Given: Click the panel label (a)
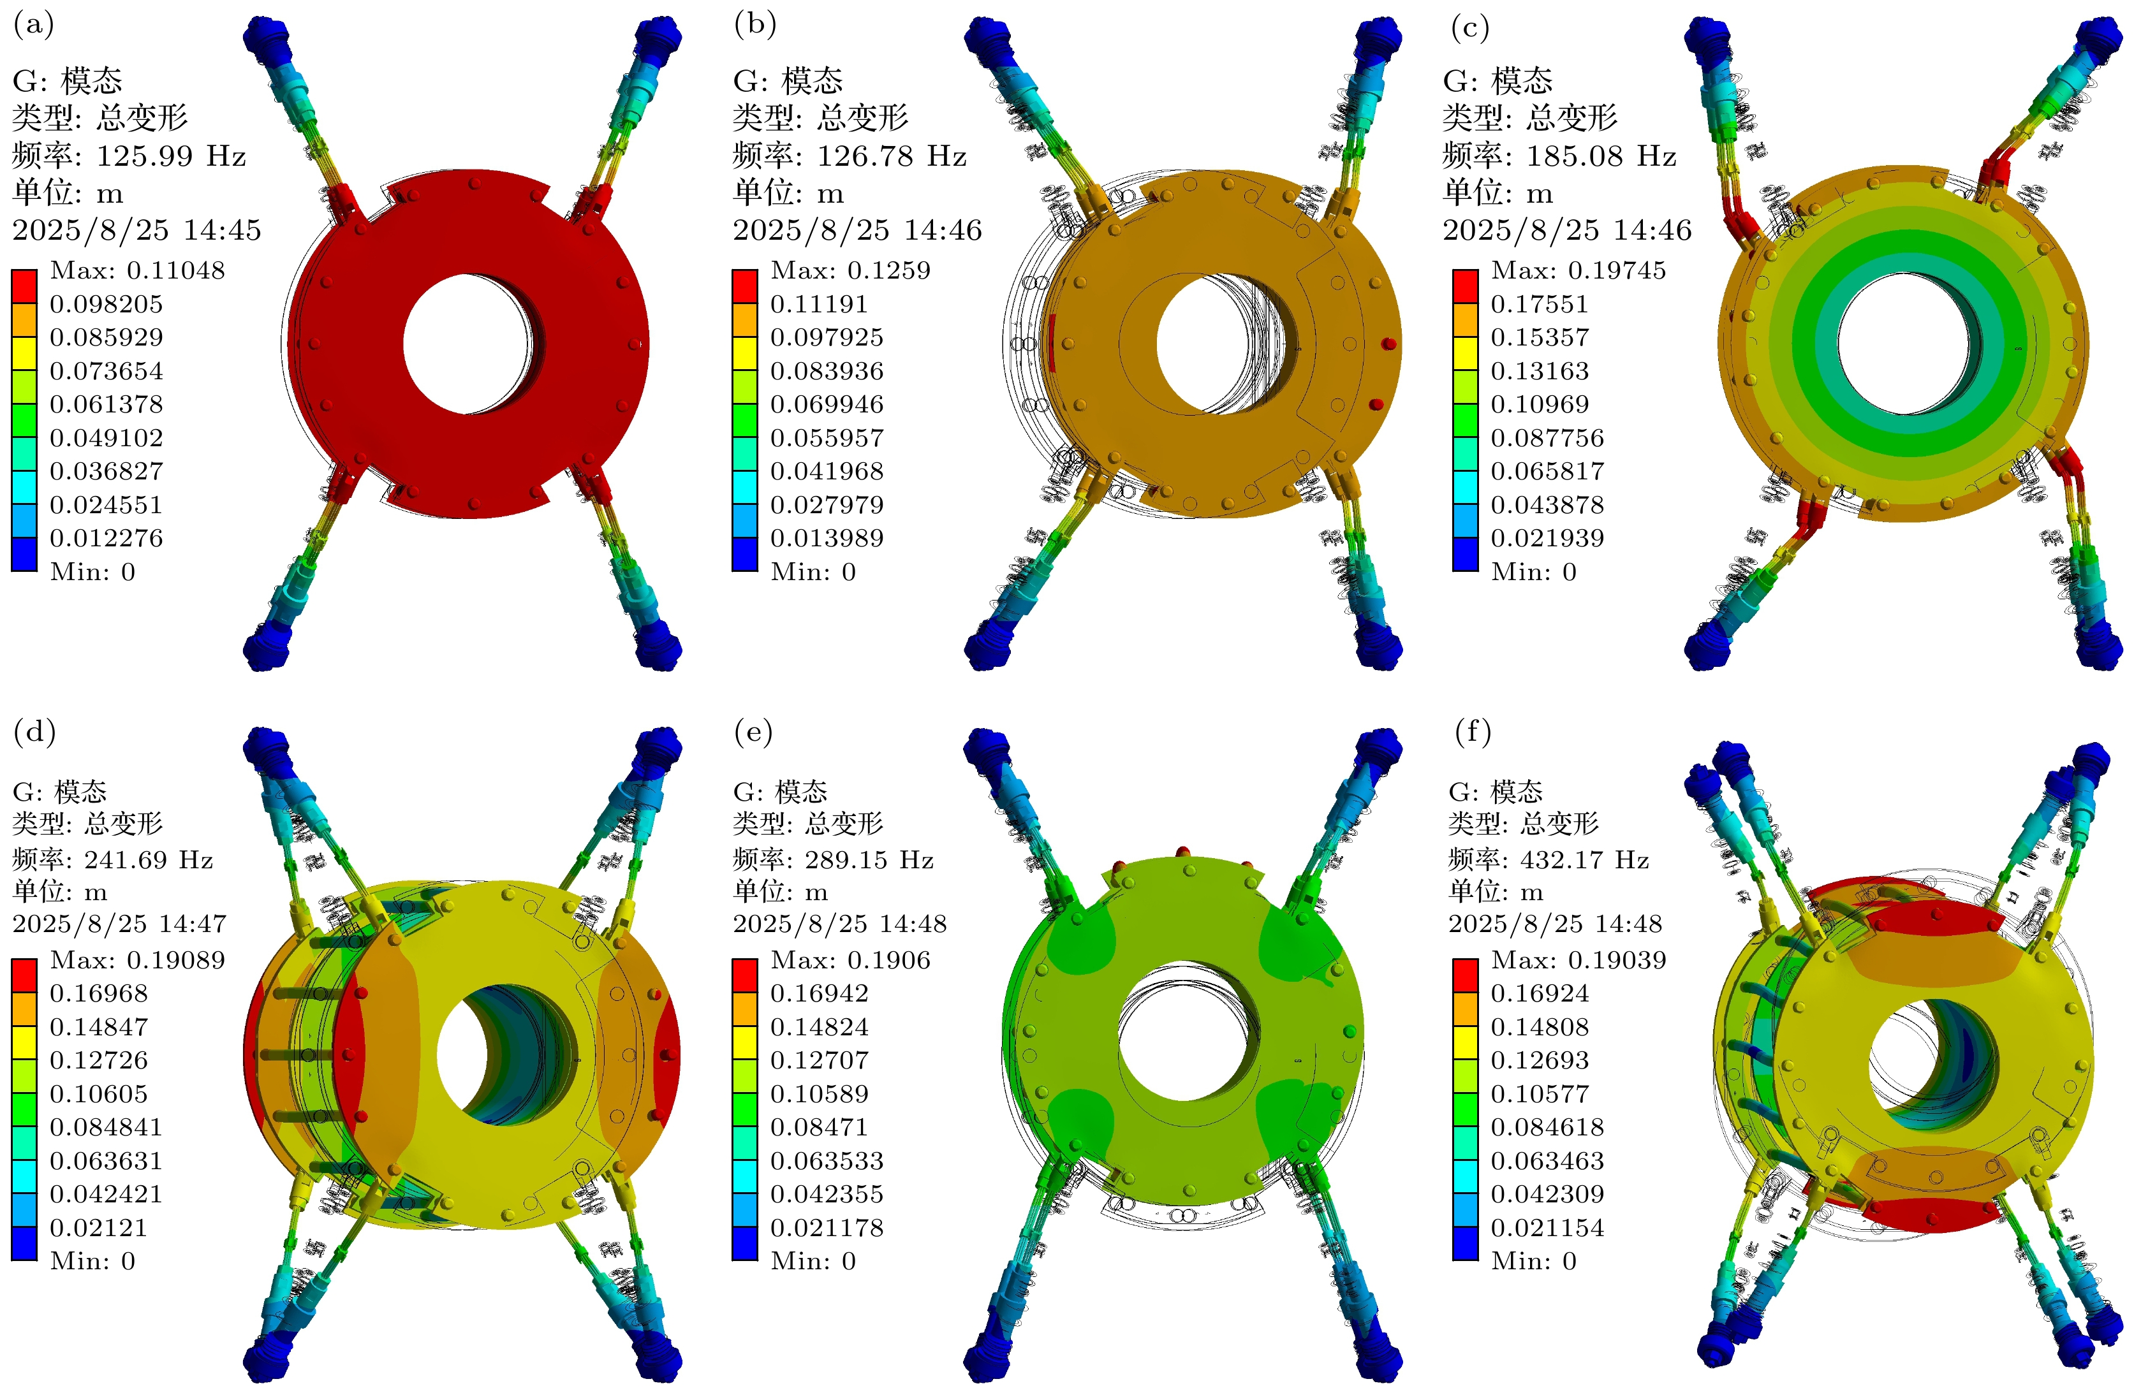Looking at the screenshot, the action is [33, 24].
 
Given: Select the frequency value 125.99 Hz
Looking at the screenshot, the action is [170, 156].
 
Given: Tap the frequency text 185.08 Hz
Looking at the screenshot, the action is [1601, 156].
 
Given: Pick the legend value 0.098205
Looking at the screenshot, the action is [107, 305].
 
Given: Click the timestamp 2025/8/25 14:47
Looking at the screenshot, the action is [119, 924].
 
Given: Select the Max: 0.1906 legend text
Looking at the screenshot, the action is [851, 960].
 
